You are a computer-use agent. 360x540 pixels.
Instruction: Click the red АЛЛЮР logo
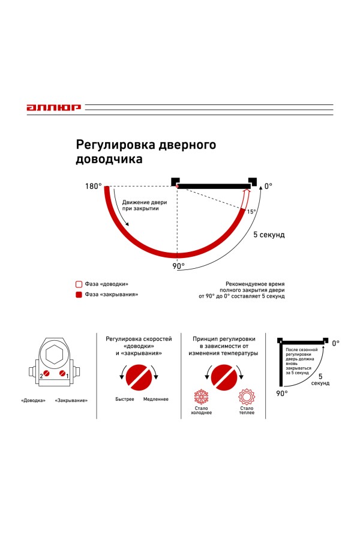point(53,108)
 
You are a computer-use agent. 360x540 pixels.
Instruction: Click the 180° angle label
point(94,187)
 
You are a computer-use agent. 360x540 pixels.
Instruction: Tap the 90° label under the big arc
point(179,266)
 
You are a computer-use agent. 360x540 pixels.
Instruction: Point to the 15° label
point(251,212)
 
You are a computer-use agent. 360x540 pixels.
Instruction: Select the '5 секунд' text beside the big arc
point(268,235)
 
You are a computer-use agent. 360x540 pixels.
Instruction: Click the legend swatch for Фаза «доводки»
point(77,284)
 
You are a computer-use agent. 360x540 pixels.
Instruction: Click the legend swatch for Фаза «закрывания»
point(77,295)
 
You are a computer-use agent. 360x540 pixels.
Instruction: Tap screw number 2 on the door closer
point(45,376)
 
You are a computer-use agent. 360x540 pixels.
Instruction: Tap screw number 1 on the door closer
point(62,376)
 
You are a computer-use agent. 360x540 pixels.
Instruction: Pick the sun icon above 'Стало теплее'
point(246,397)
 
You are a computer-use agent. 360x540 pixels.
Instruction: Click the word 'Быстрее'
point(125,399)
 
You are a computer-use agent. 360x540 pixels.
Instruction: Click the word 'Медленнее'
point(155,399)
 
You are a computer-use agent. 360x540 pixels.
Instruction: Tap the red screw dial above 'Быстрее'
point(139,376)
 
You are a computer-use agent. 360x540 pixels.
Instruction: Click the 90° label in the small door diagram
point(282,393)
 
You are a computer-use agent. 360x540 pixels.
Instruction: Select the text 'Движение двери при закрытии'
point(145,205)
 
